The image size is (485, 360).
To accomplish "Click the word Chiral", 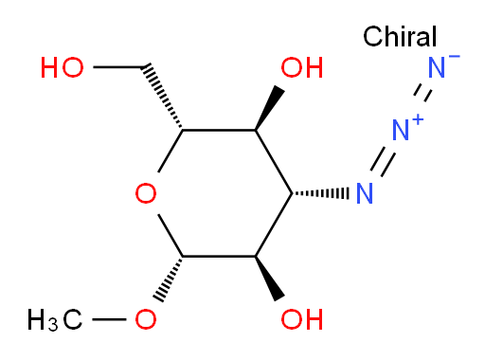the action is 400,36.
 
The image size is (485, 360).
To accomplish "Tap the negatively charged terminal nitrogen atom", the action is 437,67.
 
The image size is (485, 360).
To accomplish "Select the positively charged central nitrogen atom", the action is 401,130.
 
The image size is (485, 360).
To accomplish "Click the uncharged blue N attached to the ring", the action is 365,193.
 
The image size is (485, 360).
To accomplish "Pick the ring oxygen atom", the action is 146,193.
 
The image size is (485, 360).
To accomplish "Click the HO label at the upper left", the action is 63,67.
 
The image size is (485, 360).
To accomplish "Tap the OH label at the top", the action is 302,67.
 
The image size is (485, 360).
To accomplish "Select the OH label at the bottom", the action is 302,319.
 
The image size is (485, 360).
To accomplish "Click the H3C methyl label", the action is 55,320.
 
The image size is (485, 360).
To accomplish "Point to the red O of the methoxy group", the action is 146,319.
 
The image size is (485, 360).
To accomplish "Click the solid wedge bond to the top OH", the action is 269,108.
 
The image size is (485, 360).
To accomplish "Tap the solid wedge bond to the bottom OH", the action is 269,279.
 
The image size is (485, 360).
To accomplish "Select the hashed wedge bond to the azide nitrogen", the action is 320,193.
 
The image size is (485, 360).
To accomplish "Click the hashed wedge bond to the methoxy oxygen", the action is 169,279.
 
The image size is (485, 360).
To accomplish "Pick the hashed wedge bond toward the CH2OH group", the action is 162,97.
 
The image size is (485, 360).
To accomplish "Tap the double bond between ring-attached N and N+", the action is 383,162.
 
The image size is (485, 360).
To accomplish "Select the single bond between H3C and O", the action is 109,319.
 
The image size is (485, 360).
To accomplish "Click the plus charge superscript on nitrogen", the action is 418,120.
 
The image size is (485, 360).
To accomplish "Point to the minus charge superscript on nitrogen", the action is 454,57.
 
